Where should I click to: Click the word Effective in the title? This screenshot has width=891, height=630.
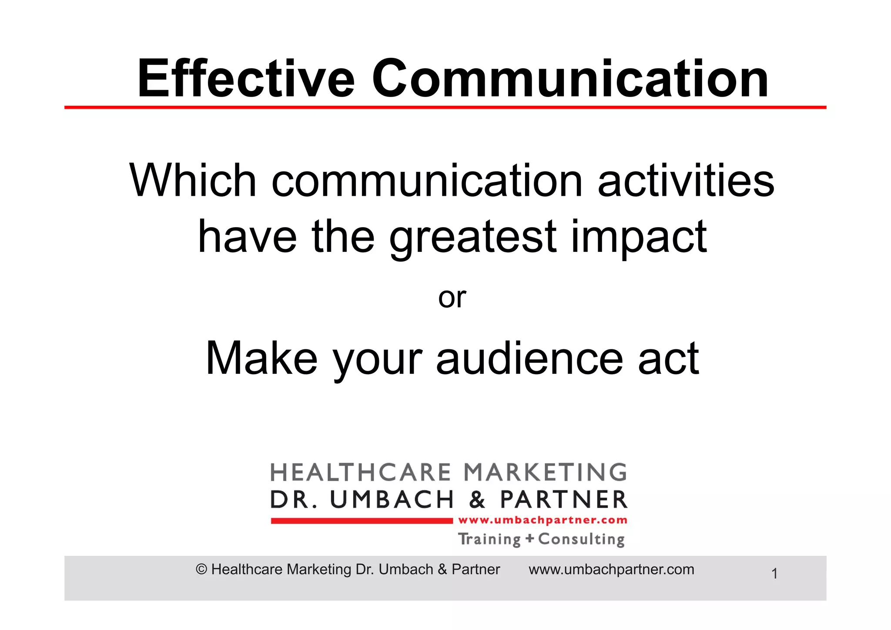246,79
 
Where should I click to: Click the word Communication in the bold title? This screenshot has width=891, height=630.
570,79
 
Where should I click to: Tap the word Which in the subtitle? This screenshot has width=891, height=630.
193,181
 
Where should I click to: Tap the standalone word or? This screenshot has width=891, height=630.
452,298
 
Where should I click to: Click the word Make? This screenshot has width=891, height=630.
261,359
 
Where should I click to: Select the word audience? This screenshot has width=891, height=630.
529,359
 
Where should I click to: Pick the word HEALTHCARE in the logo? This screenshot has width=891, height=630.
355,473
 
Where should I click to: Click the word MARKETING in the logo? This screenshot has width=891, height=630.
545,473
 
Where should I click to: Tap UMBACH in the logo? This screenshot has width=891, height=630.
392,500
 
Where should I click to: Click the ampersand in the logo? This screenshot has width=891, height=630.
477,500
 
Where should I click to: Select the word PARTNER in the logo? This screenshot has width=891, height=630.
563,500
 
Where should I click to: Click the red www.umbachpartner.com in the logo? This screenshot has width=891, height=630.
543,520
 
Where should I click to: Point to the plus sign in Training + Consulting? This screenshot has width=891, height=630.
529,539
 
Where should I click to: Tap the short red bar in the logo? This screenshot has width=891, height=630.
362,521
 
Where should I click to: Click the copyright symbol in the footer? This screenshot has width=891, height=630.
201,570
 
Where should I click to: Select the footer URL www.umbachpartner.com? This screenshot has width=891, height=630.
611,570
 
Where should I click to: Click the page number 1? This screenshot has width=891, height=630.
774,574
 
